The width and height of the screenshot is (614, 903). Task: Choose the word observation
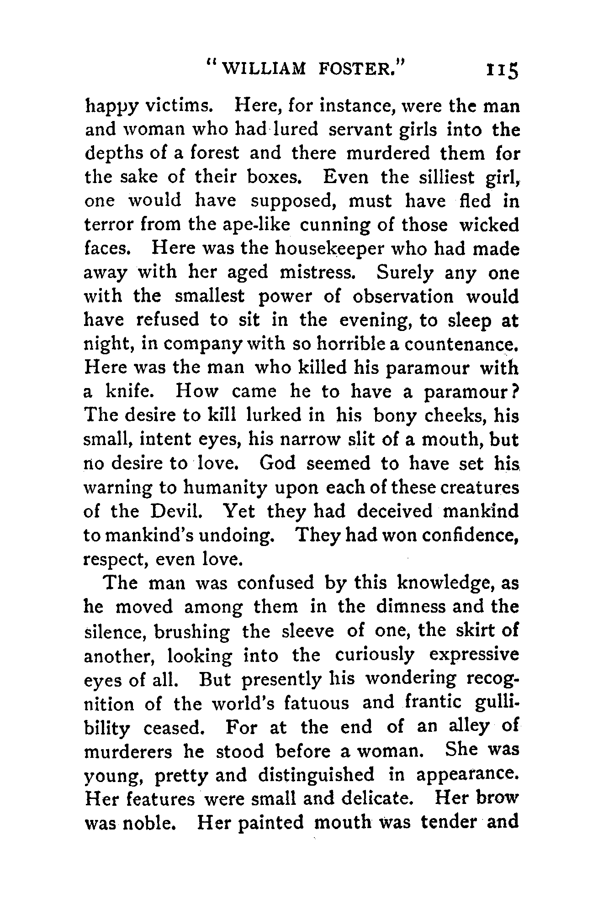click(x=403, y=296)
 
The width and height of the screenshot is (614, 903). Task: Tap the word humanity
click(x=224, y=488)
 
